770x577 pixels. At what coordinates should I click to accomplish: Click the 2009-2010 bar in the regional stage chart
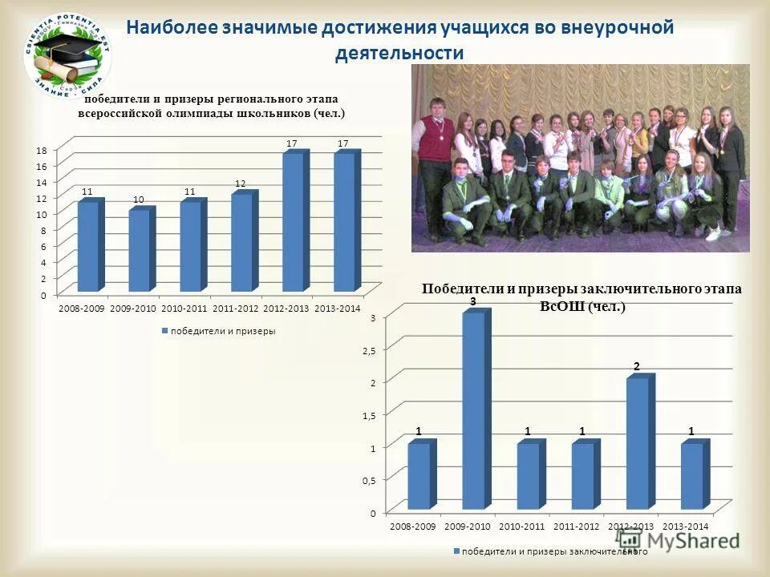tap(140, 249)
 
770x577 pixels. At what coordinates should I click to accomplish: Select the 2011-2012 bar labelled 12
tap(242, 241)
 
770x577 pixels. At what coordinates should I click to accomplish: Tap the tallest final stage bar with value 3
tap(475, 410)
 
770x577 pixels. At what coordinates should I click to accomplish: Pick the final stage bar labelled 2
tap(638, 443)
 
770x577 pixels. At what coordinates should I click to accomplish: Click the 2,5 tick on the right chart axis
tap(368, 350)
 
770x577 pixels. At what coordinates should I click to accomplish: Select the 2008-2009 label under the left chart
tap(81, 309)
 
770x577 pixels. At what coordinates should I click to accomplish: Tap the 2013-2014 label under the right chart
tap(687, 526)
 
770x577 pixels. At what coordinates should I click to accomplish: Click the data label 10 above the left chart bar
tap(139, 199)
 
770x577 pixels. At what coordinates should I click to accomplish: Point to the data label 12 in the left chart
tap(240, 184)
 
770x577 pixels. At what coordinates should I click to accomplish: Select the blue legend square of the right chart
tap(457, 551)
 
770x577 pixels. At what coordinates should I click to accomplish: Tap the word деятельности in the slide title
tap(399, 53)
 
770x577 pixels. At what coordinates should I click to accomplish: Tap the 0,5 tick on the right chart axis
tap(368, 479)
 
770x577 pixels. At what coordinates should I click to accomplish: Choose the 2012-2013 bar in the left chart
tap(294, 221)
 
